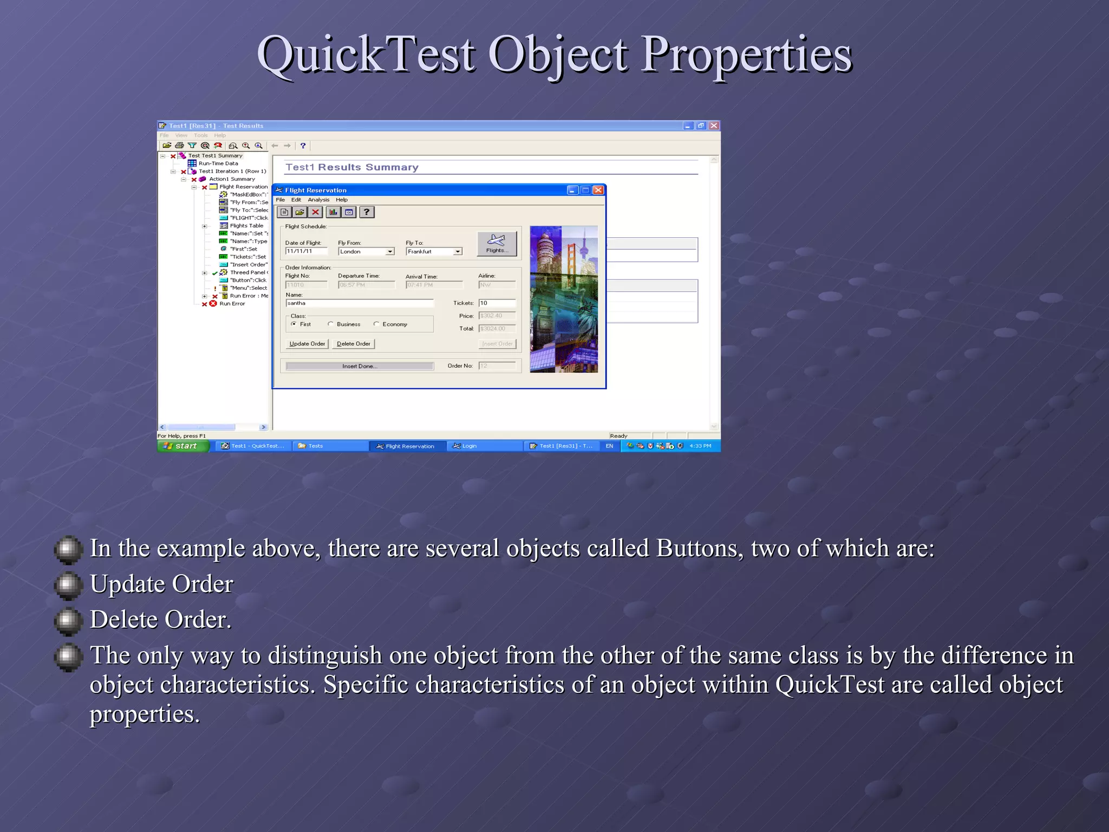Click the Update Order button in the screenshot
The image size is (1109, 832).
pyautogui.click(x=307, y=343)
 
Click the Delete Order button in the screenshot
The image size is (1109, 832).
pyautogui.click(x=354, y=343)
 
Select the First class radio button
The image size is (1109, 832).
pyautogui.click(x=293, y=324)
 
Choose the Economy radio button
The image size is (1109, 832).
pyautogui.click(x=376, y=324)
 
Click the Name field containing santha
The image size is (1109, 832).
pyautogui.click(x=359, y=303)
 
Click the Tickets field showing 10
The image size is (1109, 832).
pyautogui.click(x=497, y=303)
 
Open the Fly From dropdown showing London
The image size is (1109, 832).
pyautogui.click(x=390, y=252)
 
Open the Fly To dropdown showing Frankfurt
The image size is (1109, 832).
pyautogui.click(x=458, y=252)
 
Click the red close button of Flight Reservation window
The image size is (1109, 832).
pyautogui.click(x=598, y=190)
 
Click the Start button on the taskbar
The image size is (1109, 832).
pyautogui.click(x=183, y=446)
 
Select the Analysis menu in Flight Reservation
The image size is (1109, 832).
pyautogui.click(x=318, y=200)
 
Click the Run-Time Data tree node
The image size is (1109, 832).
pyautogui.click(x=218, y=163)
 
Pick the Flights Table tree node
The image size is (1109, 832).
pyautogui.click(x=246, y=226)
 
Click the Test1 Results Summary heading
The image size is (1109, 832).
pyautogui.click(x=352, y=167)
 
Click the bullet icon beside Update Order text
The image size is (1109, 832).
pyautogui.click(x=68, y=584)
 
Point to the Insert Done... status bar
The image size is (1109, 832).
pyautogui.click(x=360, y=366)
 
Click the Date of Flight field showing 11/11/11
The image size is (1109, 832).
pyautogui.click(x=306, y=251)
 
